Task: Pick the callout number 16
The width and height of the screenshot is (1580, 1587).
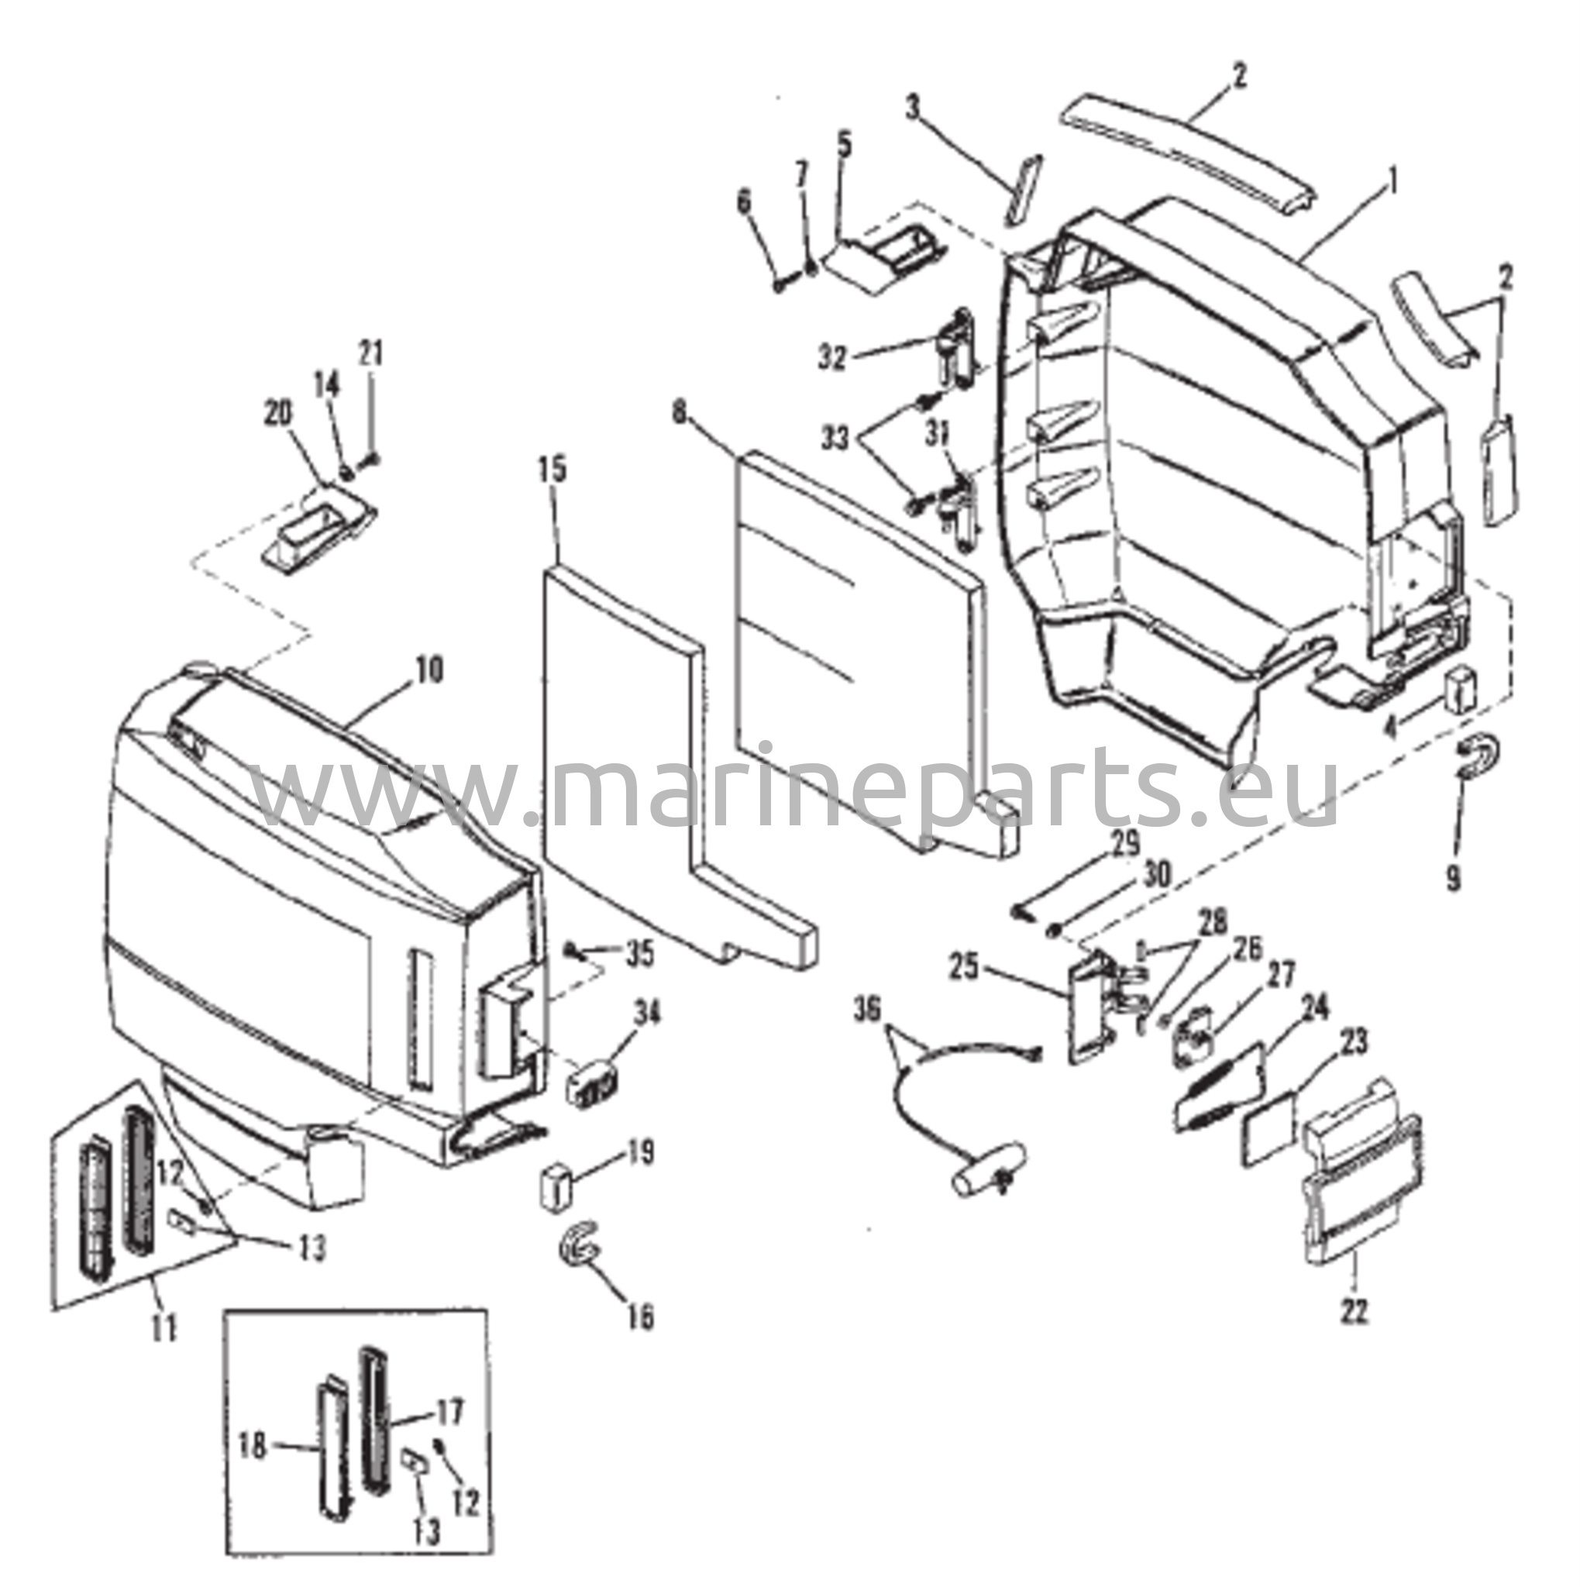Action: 641,1317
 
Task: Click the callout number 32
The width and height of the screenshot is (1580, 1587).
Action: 833,358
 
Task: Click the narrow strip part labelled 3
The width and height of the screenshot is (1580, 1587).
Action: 1023,188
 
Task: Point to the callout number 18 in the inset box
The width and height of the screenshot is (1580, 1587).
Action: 253,1447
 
